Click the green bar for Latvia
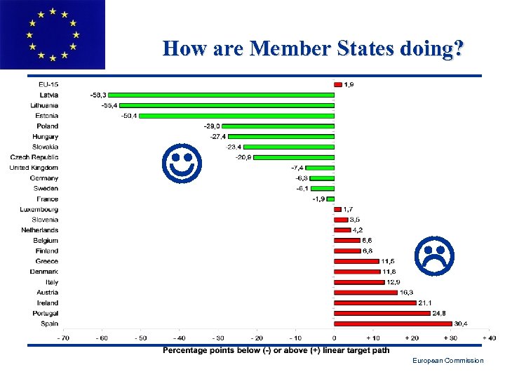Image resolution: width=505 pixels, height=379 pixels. coord(221,95)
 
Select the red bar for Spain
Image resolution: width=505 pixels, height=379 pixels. coord(393,324)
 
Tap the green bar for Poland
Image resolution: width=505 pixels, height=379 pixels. coord(278,126)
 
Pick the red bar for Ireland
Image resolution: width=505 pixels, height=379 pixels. coord(375,302)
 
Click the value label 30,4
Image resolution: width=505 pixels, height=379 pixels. coord(461,324)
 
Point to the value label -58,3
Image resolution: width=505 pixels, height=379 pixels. coord(99,95)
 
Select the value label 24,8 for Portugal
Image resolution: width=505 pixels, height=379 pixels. coord(439,313)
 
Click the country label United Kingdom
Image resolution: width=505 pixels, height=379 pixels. coord(34,168)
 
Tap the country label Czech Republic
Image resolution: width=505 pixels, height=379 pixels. coord(34,157)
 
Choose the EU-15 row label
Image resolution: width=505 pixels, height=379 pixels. coord(48,85)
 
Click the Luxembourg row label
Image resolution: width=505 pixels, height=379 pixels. coord(39,209)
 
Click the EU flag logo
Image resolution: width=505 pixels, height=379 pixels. coord(52,34)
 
